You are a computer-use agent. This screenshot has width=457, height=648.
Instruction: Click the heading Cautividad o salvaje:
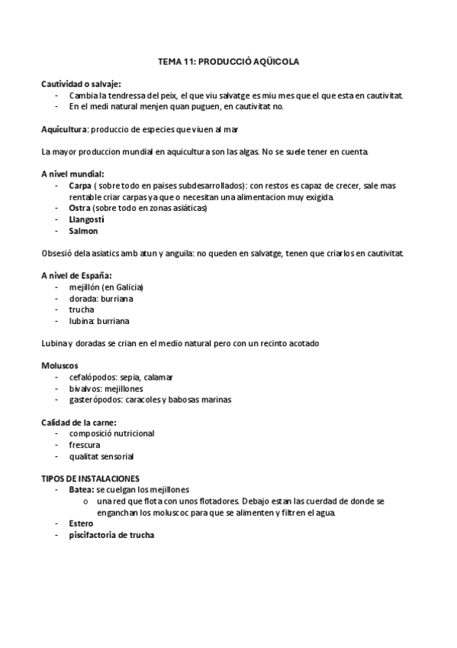(x=81, y=84)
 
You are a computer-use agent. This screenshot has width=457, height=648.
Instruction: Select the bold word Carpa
(x=80, y=186)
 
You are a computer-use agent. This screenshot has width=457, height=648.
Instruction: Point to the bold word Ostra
(x=80, y=208)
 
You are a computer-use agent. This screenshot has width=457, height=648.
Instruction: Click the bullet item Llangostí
(x=86, y=219)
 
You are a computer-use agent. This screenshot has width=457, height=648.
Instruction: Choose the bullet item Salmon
(x=83, y=231)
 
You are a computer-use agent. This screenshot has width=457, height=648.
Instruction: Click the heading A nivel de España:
(x=76, y=275)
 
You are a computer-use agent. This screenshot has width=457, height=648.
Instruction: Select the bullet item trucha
(x=82, y=309)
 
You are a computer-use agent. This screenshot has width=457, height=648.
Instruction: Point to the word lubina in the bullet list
(x=82, y=321)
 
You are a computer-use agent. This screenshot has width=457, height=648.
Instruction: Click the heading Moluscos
(x=60, y=365)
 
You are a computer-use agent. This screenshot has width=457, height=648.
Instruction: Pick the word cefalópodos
(x=94, y=377)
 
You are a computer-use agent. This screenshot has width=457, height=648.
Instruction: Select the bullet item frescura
(x=84, y=445)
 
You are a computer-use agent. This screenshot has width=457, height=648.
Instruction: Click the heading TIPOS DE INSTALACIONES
(x=89, y=478)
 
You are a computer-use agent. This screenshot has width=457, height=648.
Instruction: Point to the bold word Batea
(x=81, y=489)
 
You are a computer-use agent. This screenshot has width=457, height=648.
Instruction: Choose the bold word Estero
(x=82, y=523)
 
